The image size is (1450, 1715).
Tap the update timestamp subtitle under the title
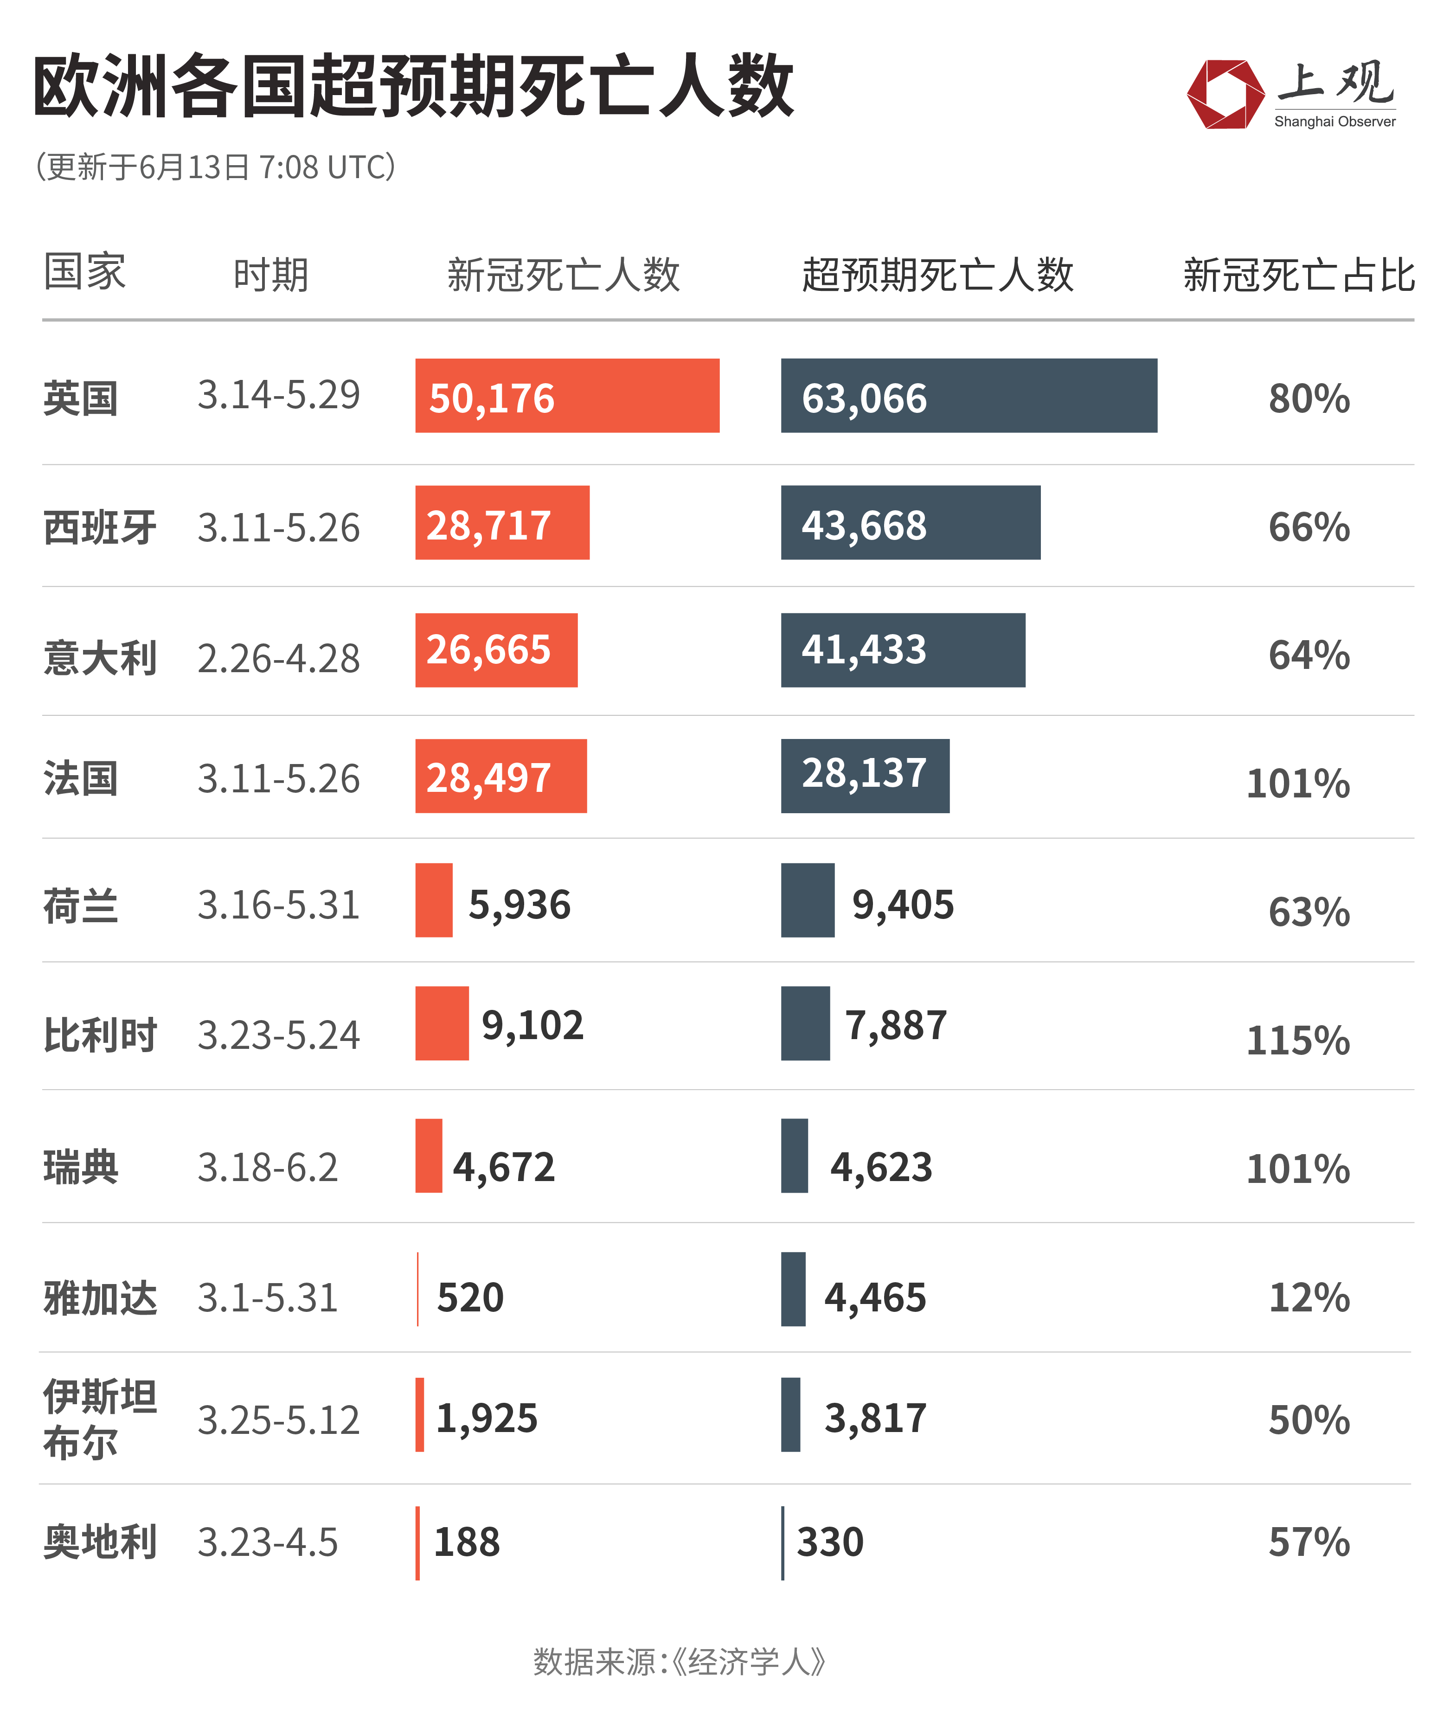(x=215, y=167)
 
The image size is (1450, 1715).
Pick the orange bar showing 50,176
(x=567, y=395)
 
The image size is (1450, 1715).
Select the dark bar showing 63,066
(x=969, y=395)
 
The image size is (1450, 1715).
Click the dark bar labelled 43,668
(x=910, y=523)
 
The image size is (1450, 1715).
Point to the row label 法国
(x=81, y=778)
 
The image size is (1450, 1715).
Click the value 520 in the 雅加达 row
(x=470, y=1297)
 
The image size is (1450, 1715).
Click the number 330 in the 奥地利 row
(x=830, y=1542)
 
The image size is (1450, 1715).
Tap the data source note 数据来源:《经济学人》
(x=679, y=1662)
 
